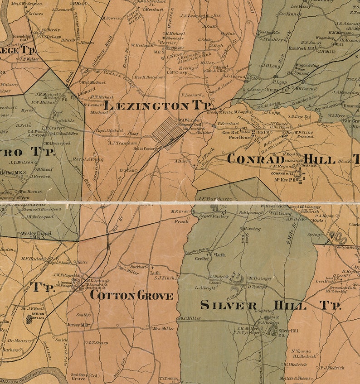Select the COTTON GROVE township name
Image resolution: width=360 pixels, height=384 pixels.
pos(131,296)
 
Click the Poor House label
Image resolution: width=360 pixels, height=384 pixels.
pos(239,137)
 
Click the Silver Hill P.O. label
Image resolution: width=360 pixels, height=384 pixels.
pos(288,333)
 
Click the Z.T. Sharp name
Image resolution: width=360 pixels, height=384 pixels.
pos(97,343)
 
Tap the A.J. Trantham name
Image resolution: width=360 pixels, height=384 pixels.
pos(122,143)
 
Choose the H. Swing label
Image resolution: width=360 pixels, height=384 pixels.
pos(253,229)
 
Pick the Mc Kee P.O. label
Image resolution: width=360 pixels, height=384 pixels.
pos(285,180)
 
